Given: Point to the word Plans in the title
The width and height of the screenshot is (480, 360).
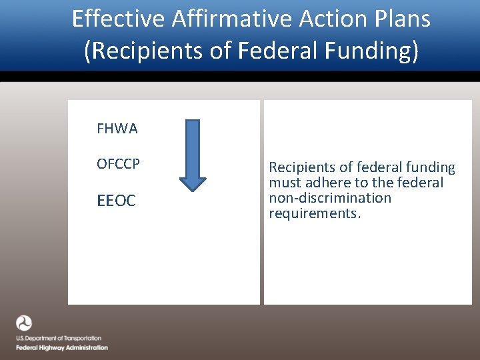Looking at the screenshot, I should pos(399,19).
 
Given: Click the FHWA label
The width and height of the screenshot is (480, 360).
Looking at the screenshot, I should pos(117,129).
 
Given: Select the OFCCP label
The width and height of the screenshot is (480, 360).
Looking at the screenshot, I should pos(118,164).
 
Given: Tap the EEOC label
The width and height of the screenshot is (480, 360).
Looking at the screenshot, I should pos(116,201).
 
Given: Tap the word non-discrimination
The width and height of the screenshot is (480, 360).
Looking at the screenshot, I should pos(330,198).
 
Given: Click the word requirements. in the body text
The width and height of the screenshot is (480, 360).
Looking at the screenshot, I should pos(315,213).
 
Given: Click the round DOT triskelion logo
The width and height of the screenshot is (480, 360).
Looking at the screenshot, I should pos(24,323).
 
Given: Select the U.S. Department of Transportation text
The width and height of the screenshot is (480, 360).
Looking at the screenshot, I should pos(59,339).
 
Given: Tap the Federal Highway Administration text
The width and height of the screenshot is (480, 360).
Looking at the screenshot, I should pos(62,347).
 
